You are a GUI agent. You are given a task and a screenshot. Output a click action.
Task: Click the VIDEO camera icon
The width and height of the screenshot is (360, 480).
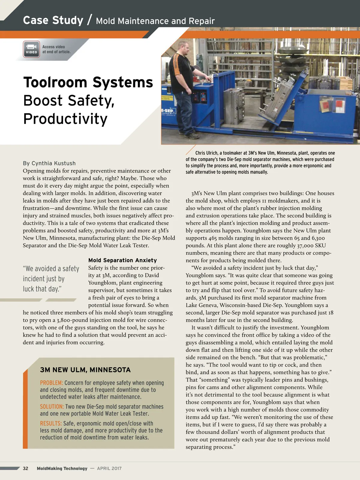(31, 49)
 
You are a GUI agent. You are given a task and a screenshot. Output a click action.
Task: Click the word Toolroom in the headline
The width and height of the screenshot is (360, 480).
(56, 82)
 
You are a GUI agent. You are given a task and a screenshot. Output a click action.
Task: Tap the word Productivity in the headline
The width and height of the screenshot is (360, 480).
(65, 119)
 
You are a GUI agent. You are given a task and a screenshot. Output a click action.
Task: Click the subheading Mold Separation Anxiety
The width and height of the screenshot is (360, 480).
(122, 260)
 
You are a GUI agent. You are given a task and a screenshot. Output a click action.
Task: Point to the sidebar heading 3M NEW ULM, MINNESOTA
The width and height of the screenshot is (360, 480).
(85, 370)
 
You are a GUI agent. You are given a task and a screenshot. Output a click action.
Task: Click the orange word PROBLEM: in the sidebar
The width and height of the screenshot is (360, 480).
(51, 383)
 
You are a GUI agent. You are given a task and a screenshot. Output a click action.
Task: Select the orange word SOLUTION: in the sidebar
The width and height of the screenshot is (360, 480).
(52, 406)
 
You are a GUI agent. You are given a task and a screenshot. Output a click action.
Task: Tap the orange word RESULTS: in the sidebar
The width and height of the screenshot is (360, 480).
(51, 423)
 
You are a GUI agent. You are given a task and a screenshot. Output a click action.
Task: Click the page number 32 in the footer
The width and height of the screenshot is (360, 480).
(25, 468)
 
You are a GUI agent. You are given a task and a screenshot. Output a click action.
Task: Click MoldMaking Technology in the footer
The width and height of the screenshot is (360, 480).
(62, 468)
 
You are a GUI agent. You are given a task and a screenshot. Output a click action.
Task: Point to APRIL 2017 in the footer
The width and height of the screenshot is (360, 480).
(109, 468)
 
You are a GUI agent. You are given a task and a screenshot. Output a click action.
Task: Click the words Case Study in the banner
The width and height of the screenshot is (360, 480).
(53, 20)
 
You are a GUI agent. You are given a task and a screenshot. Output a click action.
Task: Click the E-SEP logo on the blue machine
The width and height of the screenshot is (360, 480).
(167, 111)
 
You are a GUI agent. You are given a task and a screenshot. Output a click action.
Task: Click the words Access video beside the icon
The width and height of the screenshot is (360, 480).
(53, 47)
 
